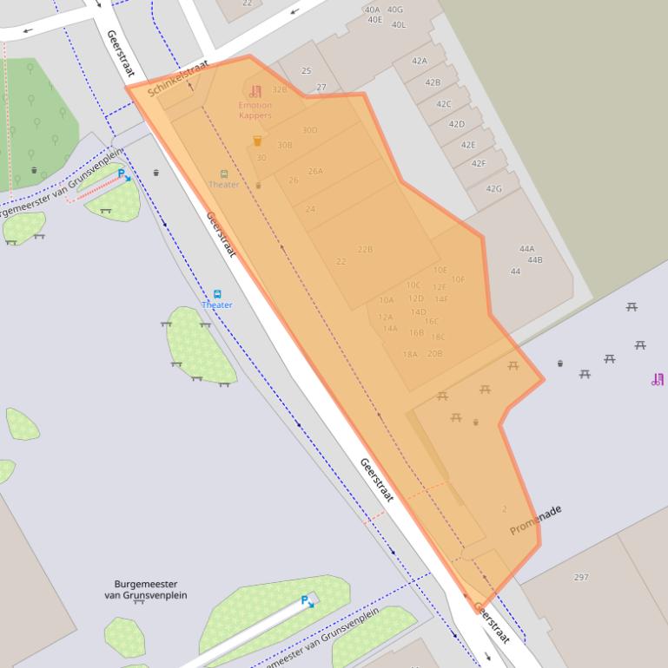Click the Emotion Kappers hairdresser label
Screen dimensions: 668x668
(255, 110)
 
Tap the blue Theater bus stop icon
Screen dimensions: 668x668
(217, 294)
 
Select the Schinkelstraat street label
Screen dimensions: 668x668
(178, 80)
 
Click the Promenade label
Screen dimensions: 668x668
(535, 520)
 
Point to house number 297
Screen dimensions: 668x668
(581, 577)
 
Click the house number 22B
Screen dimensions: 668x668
(365, 250)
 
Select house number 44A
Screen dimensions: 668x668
(526, 249)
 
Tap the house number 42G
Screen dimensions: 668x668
(493, 188)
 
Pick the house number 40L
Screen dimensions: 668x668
(398, 24)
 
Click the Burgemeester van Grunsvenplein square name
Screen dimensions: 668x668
(145, 590)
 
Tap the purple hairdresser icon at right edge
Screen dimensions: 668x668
(658, 379)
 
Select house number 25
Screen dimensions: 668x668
(306, 71)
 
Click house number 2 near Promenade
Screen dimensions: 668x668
(504, 509)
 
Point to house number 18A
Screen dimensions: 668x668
(410, 354)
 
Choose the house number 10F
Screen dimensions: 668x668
(458, 279)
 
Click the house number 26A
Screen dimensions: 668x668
(315, 171)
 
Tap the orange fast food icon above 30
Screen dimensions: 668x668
(257, 141)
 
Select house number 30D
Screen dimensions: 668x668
(309, 130)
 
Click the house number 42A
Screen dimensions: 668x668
(420, 61)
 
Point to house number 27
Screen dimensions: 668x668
(321, 88)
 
